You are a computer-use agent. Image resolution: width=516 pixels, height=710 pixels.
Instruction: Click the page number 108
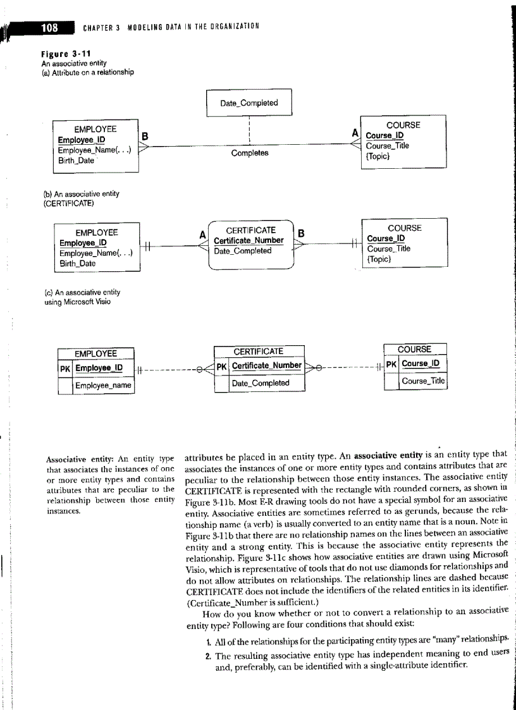[x=49, y=27]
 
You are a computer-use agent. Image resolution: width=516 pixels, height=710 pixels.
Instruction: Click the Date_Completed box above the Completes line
[x=249, y=103]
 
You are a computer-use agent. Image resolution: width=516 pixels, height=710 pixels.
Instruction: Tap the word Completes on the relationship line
[x=249, y=153]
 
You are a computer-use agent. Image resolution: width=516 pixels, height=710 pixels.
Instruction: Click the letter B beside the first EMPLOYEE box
[x=145, y=135]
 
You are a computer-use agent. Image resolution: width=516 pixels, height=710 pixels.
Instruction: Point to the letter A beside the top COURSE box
[x=355, y=134]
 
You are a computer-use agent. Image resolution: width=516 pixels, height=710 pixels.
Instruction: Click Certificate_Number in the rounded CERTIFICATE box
[x=249, y=240]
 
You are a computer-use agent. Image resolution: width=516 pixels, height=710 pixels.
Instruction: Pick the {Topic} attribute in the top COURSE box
[x=378, y=156]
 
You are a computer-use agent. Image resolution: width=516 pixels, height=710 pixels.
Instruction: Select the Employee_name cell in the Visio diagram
[x=104, y=385]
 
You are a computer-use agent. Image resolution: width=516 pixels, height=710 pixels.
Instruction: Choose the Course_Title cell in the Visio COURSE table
[x=423, y=381]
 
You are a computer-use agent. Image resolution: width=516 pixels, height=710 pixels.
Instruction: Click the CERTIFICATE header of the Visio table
[x=259, y=351]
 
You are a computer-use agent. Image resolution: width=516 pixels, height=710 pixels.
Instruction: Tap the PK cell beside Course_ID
[x=392, y=364]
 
